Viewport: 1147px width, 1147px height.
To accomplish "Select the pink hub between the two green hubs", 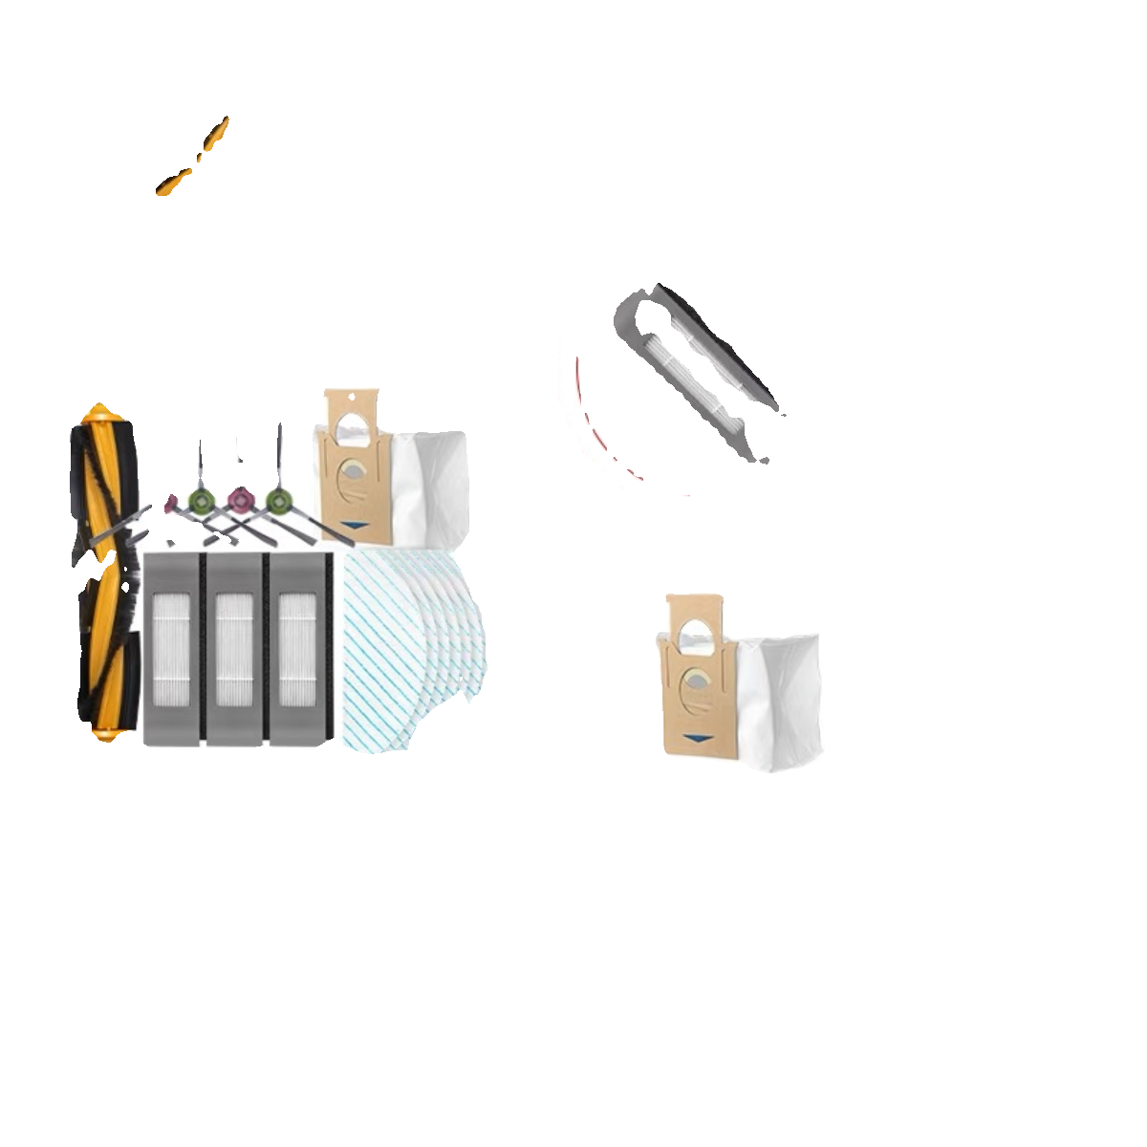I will click(x=239, y=498).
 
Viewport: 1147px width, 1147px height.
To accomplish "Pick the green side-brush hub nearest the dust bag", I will click(x=278, y=499).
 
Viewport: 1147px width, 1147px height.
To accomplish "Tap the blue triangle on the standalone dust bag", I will click(x=701, y=738).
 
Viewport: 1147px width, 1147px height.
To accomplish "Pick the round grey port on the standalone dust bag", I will click(x=696, y=682).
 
